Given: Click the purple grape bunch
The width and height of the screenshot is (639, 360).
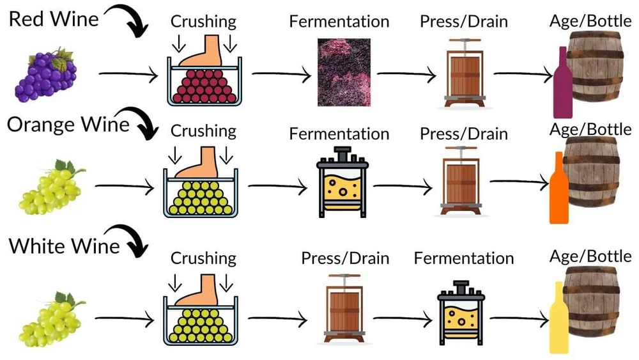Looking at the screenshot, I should pyautogui.click(x=45, y=74).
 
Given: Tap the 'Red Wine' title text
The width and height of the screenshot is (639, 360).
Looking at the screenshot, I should pyautogui.click(x=54, y=19).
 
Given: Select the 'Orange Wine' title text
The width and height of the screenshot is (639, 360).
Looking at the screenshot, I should pyautogui.click(x=68, y=123).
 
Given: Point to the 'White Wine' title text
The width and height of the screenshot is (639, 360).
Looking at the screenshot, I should pyautogui.click(x=65, y=246).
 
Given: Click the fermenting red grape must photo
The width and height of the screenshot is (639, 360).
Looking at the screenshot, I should pyautogui.click(x=344, y=72).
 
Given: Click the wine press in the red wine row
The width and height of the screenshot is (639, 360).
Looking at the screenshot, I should pyautogui.click(x=463, y=72).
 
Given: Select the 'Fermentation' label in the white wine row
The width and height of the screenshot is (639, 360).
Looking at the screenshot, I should pyautogui.click(x=463, y=258).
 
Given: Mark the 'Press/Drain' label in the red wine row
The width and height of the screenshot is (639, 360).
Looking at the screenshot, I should pyautogui.click(x=463, y=21).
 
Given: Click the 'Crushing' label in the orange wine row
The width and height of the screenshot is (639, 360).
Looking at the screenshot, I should pyautogui.click(x=203, y=131).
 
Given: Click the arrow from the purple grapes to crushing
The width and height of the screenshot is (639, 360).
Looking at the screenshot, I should pyautogui.click(x=128, y=77).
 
